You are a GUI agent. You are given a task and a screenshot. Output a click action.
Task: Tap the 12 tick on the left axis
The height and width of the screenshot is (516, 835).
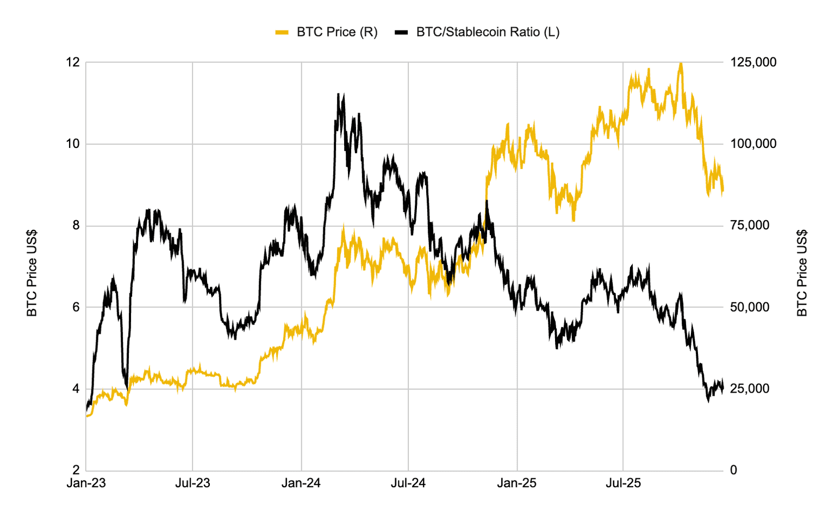(73, 63)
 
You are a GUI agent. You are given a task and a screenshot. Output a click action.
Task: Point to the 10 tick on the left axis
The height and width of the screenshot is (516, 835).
(73, 144)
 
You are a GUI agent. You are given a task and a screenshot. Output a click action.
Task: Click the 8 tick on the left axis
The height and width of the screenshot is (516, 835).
(76, 226)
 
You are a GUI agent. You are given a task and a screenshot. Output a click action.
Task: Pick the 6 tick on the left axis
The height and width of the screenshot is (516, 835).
(76, 307)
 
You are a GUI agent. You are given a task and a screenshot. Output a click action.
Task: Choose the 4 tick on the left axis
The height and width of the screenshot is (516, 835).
(76, 389)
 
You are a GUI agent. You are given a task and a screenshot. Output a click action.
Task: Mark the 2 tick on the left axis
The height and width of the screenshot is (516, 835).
(76, 470)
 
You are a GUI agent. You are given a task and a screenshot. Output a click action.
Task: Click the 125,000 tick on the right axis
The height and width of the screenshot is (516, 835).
(753, 63)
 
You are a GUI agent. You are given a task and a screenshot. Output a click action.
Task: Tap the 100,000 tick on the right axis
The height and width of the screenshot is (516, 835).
(753, 144)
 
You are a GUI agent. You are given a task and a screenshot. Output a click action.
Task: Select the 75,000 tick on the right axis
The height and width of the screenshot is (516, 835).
(750, 226)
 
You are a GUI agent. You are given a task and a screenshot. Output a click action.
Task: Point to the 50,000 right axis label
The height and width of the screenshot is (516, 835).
(750, 307)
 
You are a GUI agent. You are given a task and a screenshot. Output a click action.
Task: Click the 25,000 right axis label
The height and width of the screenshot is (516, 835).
(750, 389)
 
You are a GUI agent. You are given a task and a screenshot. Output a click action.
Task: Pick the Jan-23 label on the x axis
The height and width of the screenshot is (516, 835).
(86, 483)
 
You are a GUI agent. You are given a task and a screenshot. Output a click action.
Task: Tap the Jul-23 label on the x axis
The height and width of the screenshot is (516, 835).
(192, 483)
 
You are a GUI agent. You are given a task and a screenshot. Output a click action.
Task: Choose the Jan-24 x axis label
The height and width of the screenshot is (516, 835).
(301, 483)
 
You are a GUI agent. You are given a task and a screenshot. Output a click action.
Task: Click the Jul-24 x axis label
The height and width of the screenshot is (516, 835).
(408, 483)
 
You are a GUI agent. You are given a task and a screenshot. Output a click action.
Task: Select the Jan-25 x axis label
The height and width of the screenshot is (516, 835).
(517, 483)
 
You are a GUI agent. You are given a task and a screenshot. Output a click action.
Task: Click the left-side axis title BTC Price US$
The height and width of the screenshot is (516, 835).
(32, 273)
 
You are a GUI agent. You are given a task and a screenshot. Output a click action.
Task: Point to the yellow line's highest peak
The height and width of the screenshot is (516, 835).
(681, 64)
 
